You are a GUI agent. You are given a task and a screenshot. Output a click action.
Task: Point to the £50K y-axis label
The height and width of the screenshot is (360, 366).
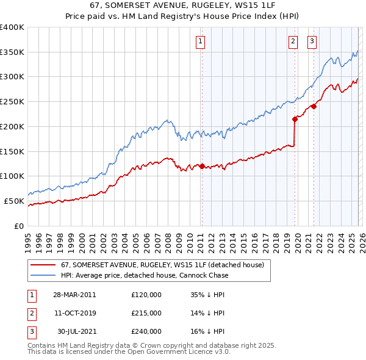(x=14, y=201)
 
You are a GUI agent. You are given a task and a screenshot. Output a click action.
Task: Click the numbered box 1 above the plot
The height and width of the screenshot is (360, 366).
(x=201, y=41)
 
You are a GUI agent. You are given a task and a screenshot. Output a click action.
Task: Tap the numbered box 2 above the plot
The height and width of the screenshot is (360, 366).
(x=293, y=41)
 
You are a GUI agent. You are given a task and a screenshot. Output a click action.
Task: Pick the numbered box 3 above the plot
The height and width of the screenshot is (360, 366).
(x=312, y=41)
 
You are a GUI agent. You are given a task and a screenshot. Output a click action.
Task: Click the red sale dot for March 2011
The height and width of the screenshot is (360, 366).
(x=202, y=166)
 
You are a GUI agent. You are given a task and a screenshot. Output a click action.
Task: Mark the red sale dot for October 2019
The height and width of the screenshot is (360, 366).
(x=294, y=119)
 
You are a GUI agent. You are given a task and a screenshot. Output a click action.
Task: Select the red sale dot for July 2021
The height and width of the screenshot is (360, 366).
(x=314, y=106)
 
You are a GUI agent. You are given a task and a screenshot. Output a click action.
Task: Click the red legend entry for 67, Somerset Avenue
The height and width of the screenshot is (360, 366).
(x=162, y=265)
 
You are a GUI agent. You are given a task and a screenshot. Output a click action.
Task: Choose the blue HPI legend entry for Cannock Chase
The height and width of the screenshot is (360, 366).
(x=145, y=276)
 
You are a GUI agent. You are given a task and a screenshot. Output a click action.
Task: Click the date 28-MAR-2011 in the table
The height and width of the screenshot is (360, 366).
(x=74, y=294)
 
